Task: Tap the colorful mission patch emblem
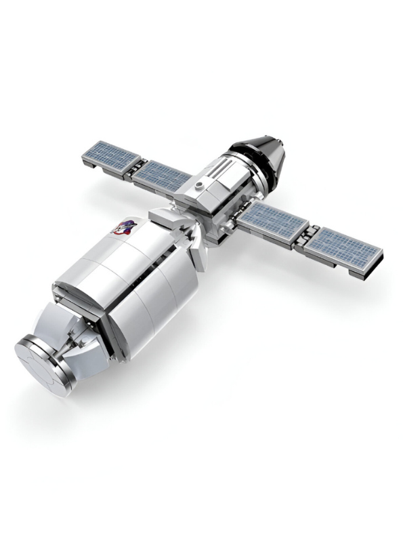124,228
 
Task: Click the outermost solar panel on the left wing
112,155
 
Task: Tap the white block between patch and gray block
162,218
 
